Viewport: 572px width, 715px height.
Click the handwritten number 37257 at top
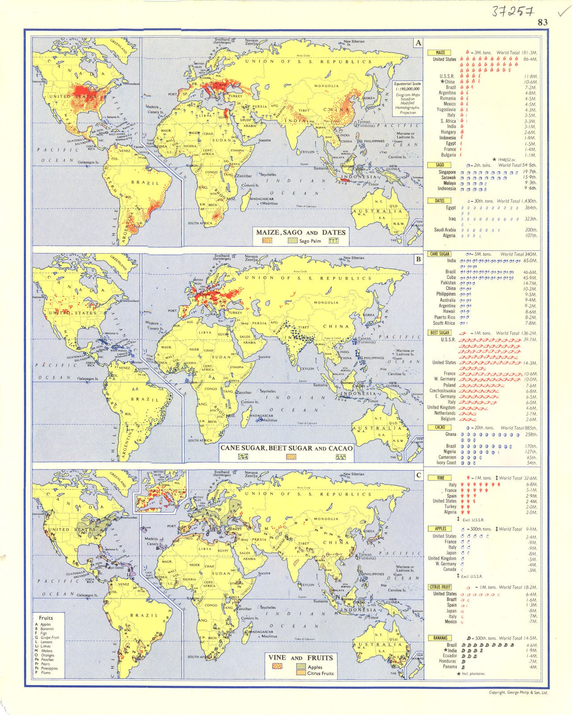point(513,12)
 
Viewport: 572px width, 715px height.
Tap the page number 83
point(543,22)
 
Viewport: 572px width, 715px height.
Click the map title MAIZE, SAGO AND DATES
point(301,232)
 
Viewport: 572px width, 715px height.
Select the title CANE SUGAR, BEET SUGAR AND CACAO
point(286,448)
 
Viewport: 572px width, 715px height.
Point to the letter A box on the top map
point(418,43)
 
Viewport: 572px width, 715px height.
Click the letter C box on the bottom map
point(418,475)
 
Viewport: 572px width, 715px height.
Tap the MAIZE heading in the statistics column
point(440,52)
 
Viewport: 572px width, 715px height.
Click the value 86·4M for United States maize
point(530,59)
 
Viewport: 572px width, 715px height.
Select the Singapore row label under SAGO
point(447,172)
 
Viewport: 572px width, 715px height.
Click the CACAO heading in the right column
point(440,427)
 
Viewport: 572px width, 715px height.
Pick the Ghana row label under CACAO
point(450,434)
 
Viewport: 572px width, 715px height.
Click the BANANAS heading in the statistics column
point(440,638)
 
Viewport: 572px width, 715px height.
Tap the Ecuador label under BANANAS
point(450,656)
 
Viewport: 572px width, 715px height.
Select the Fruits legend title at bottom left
point(46,618)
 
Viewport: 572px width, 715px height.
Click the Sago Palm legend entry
point(310,241)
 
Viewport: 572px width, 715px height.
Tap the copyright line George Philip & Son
point(518,692)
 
